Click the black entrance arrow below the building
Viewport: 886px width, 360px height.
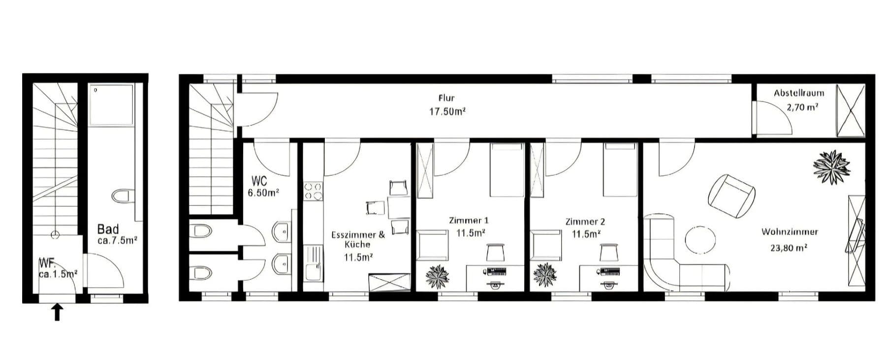[57, 312]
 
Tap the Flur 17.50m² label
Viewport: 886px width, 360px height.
[446, 104]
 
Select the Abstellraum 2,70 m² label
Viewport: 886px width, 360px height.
[798, 100]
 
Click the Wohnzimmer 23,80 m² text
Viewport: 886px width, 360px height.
[789, 239]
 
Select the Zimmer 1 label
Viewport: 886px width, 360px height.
[469, 226]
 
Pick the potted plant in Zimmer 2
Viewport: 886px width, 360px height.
[545, 275]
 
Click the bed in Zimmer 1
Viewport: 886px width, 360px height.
[506, 170]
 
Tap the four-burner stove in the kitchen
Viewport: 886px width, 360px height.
[313, 192]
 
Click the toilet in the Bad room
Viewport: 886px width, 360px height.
[122, 196]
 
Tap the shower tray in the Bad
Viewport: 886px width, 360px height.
[111, 104]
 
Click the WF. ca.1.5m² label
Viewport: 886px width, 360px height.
[57, 269]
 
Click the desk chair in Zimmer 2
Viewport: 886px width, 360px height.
[609, 253]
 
